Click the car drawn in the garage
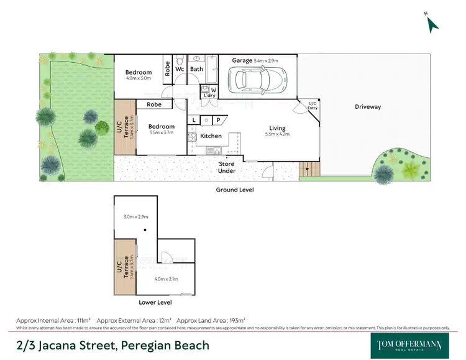click(256, 80)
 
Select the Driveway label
click(368, 106)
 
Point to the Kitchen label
click(211, 136)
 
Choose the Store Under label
click(226, 167)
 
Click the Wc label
click(179, 69)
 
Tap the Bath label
click(196, 69)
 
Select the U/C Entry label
click(312, 106)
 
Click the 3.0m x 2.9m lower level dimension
click(135, 216)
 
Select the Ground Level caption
click(234, 189)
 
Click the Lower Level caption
click(155, 302)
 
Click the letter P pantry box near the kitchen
click(218, 120)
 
